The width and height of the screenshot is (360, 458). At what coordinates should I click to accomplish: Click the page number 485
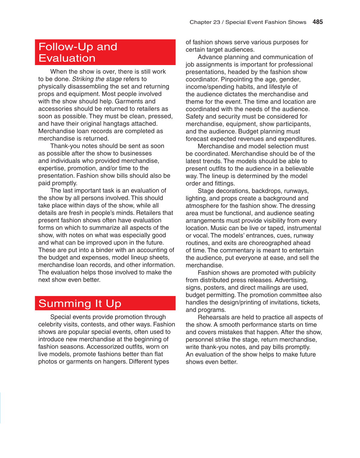[x=318, y=22]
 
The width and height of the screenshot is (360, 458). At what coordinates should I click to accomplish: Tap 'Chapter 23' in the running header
[x=205, y=22]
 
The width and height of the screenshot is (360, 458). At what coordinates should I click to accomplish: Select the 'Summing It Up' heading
[x=80, y=303]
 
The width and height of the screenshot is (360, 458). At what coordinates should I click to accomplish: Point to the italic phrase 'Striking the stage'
[x=97, y=79]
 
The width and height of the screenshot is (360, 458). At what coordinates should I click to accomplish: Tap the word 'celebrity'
[x=51, y=324]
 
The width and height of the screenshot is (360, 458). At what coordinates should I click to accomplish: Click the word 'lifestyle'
[x=280, y=87]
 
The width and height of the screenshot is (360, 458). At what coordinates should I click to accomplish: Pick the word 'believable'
[x=299, y=169]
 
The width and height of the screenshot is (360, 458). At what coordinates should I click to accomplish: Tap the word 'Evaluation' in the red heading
[x=67, y=58]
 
